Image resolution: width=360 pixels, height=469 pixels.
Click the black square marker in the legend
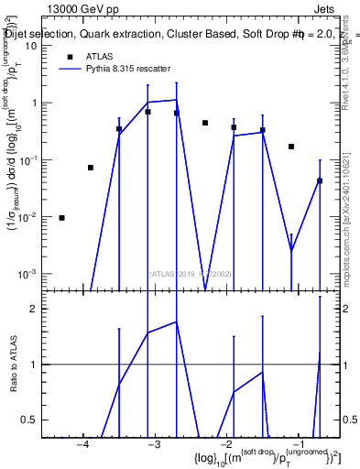pyautogui.click(x=70, y=56)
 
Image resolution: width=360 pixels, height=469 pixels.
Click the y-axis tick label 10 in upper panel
pyautogui.click(x=31, y=45)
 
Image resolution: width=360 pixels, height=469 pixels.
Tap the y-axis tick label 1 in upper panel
pyautogui.click(x=35, y=103)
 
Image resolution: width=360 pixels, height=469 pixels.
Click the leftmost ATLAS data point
pyautogui.click(x=61, y=218)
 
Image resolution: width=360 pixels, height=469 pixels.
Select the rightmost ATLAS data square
pyautogui.click(x=320, y=180)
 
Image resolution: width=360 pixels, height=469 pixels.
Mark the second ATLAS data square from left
pyautogui.click(x=91, y=168)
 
